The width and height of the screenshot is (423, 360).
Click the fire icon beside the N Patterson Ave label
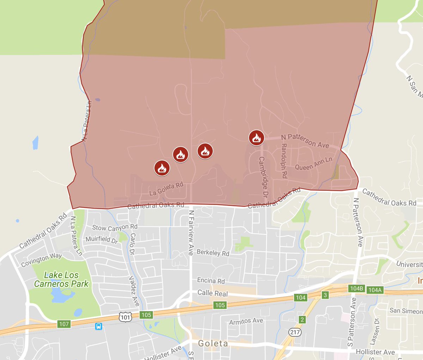[256, 138]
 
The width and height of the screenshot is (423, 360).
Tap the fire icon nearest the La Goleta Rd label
[162, 168]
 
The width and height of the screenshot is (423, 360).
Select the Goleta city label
[213, 343]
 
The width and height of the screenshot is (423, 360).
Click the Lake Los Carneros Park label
[61, 279]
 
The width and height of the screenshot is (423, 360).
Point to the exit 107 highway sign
[64, 324]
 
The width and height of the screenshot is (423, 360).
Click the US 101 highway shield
[125, 317]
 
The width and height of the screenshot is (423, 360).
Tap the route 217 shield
[295, 332]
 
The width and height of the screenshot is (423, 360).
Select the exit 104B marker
[356, 288]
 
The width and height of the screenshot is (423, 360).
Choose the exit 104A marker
[375, 290]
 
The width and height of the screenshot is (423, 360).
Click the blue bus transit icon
[99, 327]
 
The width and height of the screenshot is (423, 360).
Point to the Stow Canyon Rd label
[115, 227]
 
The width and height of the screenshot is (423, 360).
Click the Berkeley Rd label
[213, 253]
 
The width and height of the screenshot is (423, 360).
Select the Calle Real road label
[213, 293]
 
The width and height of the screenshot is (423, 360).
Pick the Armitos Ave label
[246, 321]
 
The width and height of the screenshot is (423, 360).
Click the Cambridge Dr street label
[263, 177]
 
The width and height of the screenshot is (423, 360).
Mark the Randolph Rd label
[284, 160]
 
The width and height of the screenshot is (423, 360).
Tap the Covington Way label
[41, 260]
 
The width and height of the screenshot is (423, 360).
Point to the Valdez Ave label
[134, 291]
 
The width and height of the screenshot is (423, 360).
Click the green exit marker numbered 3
[325, 295]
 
